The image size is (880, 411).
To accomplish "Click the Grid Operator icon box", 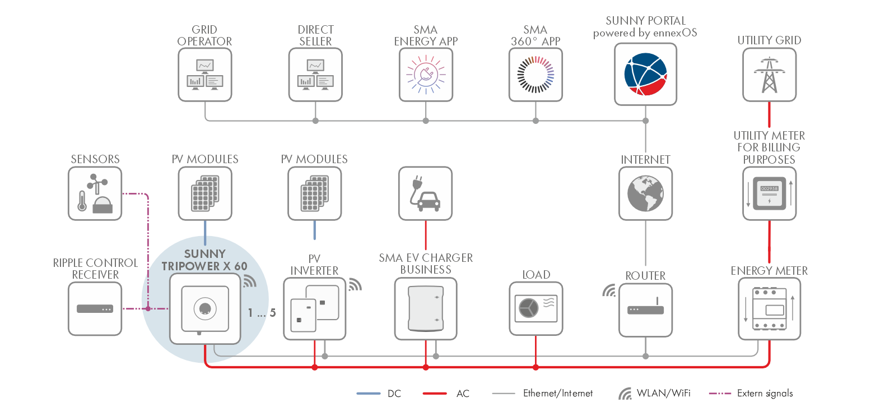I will (205, 75).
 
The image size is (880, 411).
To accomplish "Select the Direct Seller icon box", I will (315, 75).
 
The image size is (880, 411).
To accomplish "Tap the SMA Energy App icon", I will (426, 75).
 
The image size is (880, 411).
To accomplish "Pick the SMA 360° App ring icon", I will (536, 75).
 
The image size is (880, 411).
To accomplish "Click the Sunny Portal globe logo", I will (645, 74).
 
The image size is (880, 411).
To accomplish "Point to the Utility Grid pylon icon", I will (769, 75).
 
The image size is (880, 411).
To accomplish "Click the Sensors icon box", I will (95, 193).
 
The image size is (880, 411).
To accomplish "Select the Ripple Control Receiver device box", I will (95, 308).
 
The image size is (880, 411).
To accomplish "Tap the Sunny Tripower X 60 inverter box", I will (205, 308).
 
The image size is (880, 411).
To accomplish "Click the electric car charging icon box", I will (426, 193).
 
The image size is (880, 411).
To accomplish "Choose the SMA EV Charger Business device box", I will (426, 308).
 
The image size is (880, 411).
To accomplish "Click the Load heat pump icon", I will (536, 308).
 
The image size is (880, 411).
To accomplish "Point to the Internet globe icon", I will (645, 193).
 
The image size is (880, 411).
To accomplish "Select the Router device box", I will (645, 310).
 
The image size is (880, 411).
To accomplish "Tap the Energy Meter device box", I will (769, 310).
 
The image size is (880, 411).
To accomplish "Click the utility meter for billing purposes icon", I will (769, 193).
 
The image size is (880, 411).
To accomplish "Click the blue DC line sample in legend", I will (368, 394).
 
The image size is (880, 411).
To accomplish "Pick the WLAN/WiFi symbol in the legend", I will (625, 394).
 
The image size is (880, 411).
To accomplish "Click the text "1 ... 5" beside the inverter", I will (262, 313).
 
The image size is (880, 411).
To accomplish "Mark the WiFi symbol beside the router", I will (609, 290).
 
